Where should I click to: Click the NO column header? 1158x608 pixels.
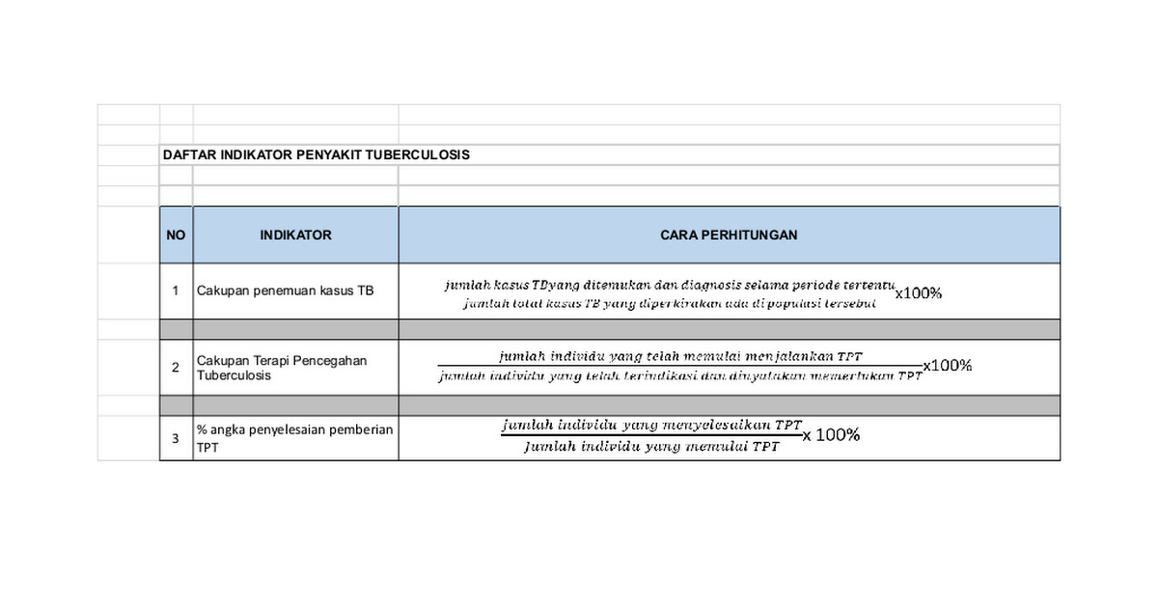[x=176, y=235]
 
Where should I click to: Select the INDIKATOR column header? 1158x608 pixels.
[x=295, y=235]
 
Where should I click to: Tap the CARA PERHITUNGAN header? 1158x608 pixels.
[x=729, y=235]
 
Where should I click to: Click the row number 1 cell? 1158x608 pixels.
[x=176, y=290]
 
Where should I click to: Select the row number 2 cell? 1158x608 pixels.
[x=176, y=368]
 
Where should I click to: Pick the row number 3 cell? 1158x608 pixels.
[x=176, y=438]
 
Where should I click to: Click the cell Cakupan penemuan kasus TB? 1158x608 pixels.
[x=285, y=290]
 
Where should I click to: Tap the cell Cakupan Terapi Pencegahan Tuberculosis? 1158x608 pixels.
[x=282, y=368]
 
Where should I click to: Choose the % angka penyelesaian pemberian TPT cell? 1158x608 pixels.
[x=294, y=438]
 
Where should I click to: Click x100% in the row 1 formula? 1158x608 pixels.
[x=918, y=294]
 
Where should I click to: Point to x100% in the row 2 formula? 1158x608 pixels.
[x=948, y=366]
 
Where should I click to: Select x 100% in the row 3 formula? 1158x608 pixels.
[x=831, y=435]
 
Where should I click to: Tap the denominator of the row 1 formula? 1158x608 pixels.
[x=669, y=303]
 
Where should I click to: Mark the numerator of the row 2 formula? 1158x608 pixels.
[x=675, y=356]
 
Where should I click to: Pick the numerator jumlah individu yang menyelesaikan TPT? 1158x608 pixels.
[x=652, y=425]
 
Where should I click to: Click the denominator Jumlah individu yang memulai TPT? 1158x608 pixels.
[x=652, y=447]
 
